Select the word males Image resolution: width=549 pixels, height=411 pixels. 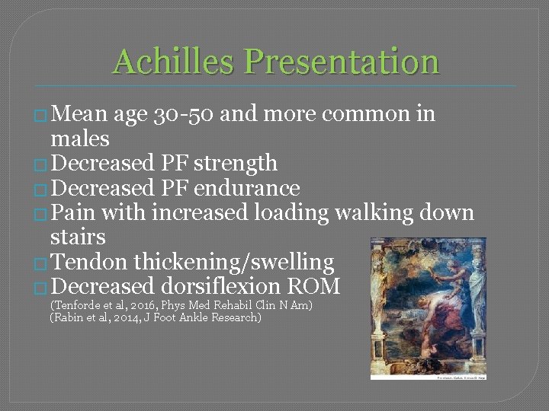click(x=79, y=139)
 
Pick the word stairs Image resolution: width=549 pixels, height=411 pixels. click(x=77, y=238)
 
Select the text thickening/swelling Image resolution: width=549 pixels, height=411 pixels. click(x=234, y=263)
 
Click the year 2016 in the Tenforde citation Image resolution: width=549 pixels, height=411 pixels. click(x=124, y=305)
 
